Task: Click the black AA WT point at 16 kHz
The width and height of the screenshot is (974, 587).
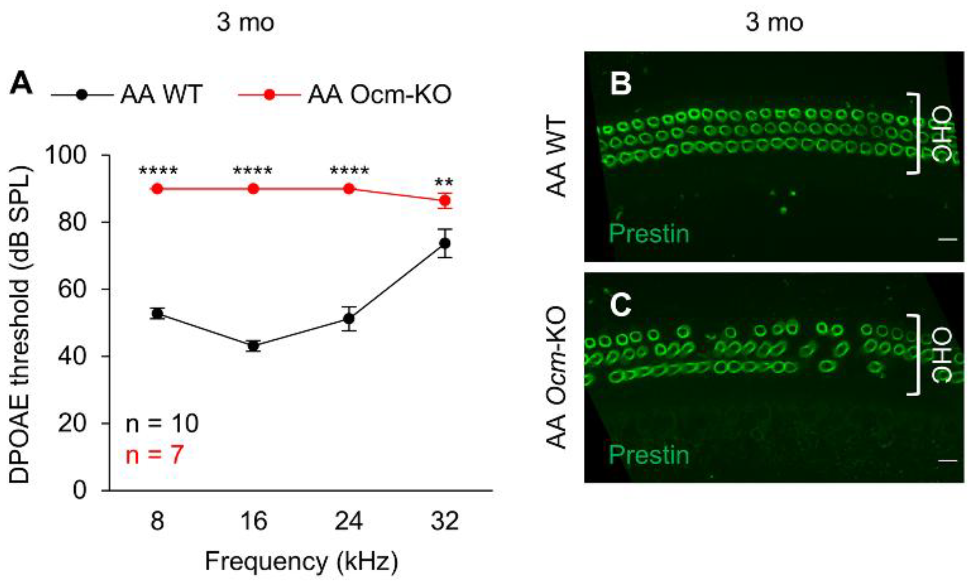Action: point(253,345)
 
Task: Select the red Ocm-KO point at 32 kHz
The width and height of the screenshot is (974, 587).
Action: point(445,200)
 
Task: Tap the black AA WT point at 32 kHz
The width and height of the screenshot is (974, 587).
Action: point(445,243)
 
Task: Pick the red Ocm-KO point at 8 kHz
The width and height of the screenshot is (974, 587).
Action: point(157,189)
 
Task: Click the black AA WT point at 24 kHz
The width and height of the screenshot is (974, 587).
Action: point(349,318)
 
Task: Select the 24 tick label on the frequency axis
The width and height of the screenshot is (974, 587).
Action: point(348,522)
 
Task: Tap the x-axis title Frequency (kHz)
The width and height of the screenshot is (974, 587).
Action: point(301,562)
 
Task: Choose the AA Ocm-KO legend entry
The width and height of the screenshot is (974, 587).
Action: point(379,95)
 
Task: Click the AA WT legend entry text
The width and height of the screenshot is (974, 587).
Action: point(161,95)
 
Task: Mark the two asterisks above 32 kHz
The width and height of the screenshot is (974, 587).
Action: point(444,181)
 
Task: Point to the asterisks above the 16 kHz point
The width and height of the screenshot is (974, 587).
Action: point(253,171)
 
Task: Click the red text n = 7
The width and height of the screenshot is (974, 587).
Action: point(154,455)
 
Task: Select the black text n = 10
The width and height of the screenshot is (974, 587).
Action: point(162,423)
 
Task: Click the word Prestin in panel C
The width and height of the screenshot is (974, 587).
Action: point(649,455)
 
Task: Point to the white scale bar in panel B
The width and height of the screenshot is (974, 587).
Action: point(947,239)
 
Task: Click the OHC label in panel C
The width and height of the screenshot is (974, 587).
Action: point(942,356)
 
